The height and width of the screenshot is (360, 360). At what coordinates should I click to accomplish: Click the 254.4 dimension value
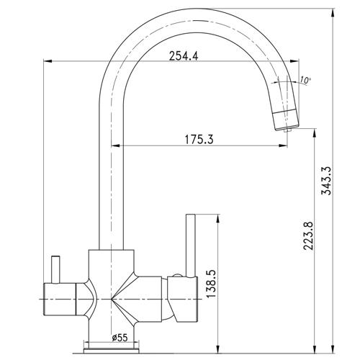(184, 56)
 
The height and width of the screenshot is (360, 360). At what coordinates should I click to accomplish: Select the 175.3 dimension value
(199, 140)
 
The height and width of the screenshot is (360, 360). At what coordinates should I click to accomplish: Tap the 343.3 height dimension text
(327, 181)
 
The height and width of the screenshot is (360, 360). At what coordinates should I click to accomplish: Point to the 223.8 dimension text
(308, 236)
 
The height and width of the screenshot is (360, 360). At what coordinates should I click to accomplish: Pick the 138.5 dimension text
(212, 284)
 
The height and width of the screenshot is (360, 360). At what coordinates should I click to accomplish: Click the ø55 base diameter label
(120, 338)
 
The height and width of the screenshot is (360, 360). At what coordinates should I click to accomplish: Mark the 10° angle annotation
(305, 80)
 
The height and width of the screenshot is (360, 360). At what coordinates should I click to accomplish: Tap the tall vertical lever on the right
(191, 246)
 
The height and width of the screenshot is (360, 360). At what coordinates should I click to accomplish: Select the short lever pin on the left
(55, 269)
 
